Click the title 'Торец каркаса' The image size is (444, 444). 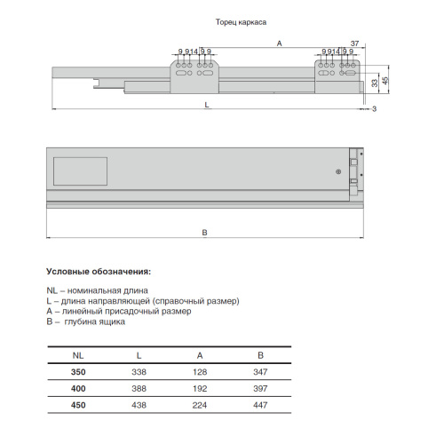(x=241, y=22)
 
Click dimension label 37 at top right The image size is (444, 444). (x=354, y=44)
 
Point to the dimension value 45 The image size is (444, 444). (x=385, y=81)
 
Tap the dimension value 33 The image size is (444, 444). (x=375, y=83)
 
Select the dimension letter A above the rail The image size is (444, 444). (x=279, y=44)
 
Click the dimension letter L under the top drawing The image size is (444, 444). (x=207, y=105)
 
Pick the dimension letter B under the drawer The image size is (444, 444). (x=204, y=233)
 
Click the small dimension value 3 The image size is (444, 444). (x=375, y=109)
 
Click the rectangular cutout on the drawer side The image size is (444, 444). (x=80, y=171)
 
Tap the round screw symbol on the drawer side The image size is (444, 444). (x=338, y=171)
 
